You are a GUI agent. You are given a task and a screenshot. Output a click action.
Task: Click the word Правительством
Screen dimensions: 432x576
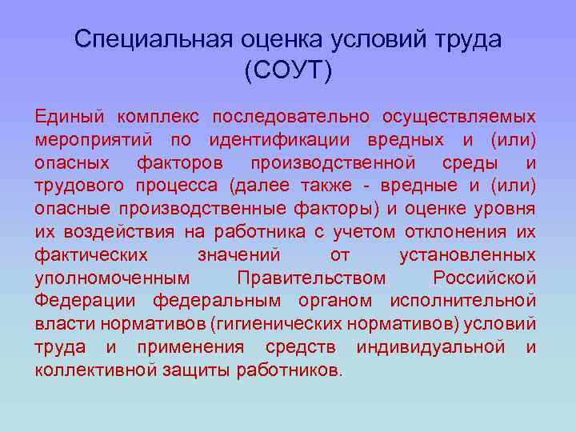pyautogui.click(x=311, y=278)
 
